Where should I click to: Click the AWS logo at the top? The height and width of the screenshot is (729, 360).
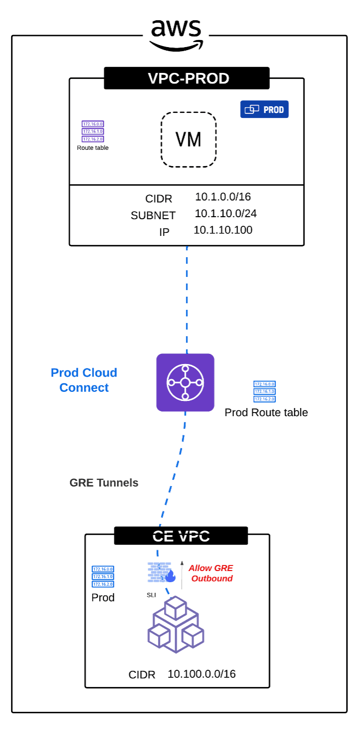click(x=176, y=34)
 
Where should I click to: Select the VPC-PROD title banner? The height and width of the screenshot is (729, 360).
click(x=187, y=78)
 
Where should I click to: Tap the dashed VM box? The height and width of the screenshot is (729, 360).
click(x=189, y=139)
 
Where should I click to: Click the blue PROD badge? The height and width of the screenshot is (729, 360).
click(x=264, y=109)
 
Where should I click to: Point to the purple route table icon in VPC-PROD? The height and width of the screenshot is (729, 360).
click(x=93, y=131)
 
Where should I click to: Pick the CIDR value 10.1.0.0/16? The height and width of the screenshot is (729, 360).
click(x=223, y=197)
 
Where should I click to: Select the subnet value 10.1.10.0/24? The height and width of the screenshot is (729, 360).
click(x=226, y=214)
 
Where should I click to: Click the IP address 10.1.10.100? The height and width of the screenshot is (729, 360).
click(x=223, y=230)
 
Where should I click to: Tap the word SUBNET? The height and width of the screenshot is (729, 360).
click(x=153, y=216)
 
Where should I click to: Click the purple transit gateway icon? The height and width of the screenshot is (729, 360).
click(x=185, y=383)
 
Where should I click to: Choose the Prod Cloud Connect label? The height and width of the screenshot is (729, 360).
click(x=84, y=380)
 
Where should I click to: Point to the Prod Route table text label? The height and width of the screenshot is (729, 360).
click(x=266, y=413)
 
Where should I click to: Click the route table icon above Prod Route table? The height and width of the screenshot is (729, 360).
click(x=264, y=392)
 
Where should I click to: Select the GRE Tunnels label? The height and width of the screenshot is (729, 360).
click(x=104, y=483)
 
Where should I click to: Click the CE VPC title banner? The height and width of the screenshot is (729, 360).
click(x=181, y=536)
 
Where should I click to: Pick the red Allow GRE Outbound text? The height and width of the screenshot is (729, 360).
click(x=211, y=573)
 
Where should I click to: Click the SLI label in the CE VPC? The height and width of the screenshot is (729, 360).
click(x=151, y=595)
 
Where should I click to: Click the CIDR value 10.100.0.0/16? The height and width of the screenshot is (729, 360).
click(x=202, y=674)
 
